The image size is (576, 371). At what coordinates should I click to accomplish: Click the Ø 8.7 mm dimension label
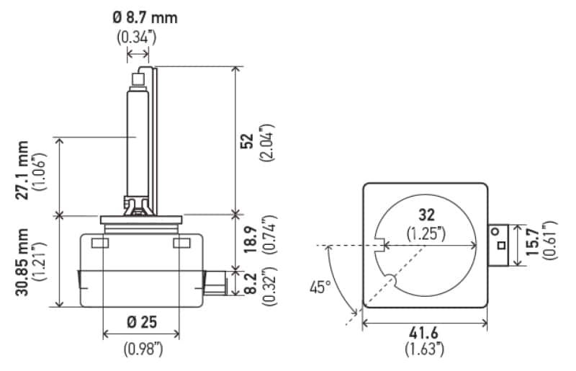[145, 17]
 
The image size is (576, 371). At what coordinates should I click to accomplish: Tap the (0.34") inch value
[137, 37]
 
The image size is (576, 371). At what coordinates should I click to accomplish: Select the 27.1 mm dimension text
[22, 170]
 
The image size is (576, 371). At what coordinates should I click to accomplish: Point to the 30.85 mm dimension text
[22, 262]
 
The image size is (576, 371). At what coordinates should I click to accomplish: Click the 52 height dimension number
[247, 140]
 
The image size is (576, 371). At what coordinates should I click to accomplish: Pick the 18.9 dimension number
[250, 240]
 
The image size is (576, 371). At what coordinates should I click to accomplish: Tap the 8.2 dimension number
[250, 284]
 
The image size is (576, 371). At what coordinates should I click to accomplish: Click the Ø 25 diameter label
[142, 323]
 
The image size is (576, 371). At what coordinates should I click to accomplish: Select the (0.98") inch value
[143, 349]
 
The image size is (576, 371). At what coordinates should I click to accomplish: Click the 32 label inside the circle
[426, 215]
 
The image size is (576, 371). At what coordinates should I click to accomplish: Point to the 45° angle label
[320, 287]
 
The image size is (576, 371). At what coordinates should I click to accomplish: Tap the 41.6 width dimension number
[423, 333]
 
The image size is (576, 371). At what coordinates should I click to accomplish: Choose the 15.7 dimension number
[532, 241]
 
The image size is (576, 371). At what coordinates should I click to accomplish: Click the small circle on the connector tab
[495, 232]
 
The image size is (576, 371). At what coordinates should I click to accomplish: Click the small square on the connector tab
[501, 245]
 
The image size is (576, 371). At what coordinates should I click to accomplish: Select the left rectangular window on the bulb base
[100, 243]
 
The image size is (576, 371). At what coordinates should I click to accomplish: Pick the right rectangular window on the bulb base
[182, 243]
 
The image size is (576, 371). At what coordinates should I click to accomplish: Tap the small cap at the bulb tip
[138, 79]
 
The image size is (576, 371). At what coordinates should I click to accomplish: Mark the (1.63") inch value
[425, 349]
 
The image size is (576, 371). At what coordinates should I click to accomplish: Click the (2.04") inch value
[267, 143]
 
